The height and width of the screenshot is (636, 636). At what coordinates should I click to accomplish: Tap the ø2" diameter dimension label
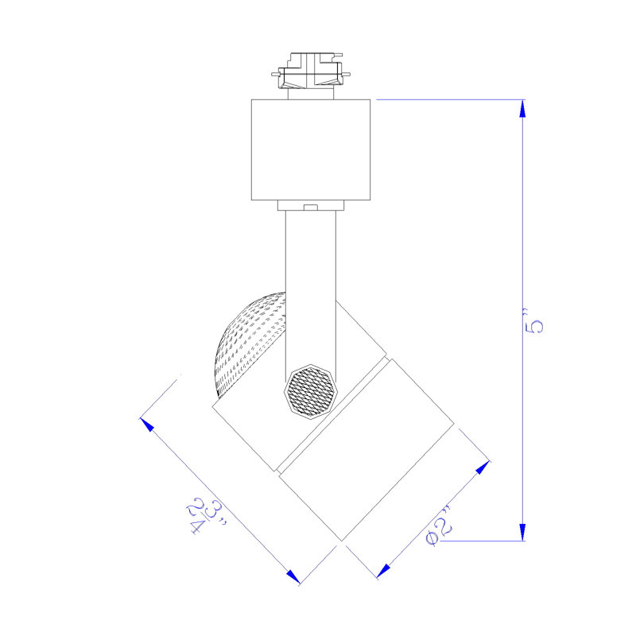[439, 526]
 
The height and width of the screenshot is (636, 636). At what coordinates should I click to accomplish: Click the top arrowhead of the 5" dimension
[522, 108]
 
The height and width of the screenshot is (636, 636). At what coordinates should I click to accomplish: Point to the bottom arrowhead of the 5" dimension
[522, 532]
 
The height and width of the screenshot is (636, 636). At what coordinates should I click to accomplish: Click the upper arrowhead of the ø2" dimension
[483, 467]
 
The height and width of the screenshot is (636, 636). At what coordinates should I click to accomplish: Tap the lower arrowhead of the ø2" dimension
[383, 571]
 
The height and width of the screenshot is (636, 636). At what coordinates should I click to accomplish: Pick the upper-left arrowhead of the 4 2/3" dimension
[147, 425]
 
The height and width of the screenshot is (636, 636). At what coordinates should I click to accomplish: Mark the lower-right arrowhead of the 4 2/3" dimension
[293, 577]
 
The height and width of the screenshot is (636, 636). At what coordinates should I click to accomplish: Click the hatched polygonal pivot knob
[311, 391]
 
